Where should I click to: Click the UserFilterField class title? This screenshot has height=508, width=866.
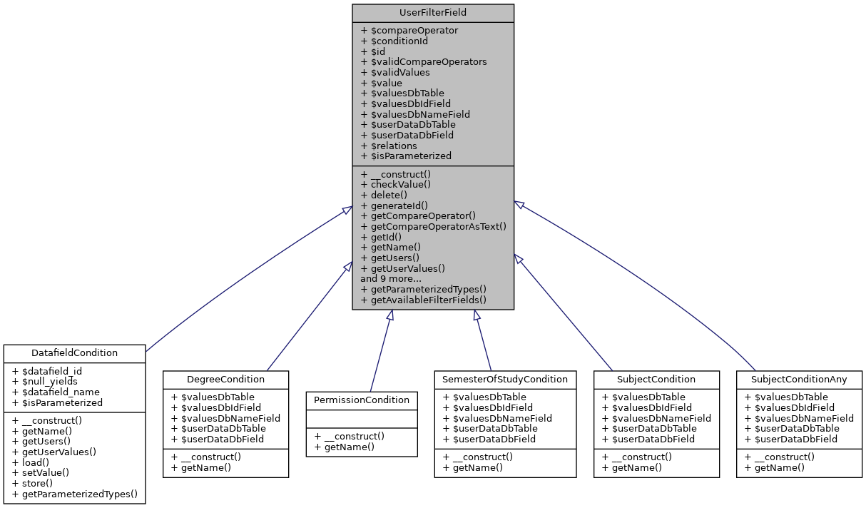coord(433,13)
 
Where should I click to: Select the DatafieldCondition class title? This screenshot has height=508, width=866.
coord(75,353)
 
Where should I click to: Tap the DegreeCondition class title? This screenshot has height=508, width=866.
coord(225,379)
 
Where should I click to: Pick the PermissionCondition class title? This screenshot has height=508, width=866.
coord(362,400)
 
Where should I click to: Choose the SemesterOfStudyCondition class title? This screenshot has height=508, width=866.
coord(505,379)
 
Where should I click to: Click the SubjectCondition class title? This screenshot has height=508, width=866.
coord(656,379)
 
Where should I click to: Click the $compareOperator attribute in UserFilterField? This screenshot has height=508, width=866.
coord(409,31)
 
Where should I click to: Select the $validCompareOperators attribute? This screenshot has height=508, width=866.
coord(424,62)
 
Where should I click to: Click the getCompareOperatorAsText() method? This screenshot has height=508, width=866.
coord(433,227)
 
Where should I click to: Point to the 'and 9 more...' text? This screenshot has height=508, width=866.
coord(391,279)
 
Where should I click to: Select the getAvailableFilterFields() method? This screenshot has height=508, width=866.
coord(424,300)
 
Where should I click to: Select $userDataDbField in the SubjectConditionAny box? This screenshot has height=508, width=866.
coord(790,439)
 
